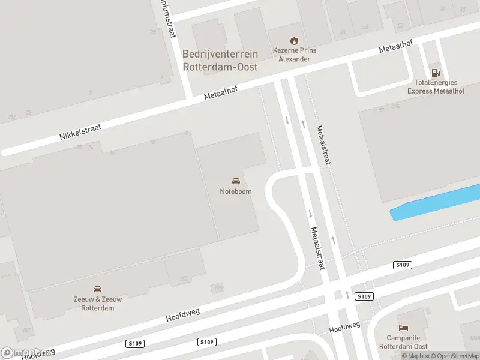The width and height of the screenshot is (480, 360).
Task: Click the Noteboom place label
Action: pyautogui.click(x=236, y=191)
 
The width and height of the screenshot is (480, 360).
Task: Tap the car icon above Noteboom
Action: pyautogui.click(x=236, y=181)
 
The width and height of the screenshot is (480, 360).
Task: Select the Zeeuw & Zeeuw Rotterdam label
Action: pyautogui.click(x=97, y=304)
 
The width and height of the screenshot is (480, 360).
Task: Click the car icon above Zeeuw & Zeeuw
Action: pyautogui.click(x=97, y=290)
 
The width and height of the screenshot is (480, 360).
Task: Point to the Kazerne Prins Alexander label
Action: pyautogui.click(x=293, y=55)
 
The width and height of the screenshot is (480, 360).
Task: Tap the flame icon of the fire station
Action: pyautogui.click(x=293, y=41)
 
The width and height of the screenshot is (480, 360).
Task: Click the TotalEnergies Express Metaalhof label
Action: pyautogui.click(x=436, y=87)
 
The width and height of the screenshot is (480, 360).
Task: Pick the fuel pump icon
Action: pyautogui.click(x=435, y=72)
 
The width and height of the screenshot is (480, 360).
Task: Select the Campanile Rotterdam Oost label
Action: pyautogui.click(x=403, y=342)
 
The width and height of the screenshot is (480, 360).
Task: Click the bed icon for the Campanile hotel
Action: pyautogui.click(x=404, y=328)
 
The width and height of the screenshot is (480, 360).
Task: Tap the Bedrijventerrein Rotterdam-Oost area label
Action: pyautogui.click(x=220, y=61)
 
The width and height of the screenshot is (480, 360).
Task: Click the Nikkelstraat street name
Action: pyautogui.click(x=80, y=133)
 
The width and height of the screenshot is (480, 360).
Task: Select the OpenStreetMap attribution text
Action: pyautogui.click(x=454, y=356)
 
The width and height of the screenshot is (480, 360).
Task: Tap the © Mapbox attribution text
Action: pyautogui.click(x=416, y=356)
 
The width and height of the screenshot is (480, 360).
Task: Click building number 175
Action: pyautogui.click(x=217, y=289)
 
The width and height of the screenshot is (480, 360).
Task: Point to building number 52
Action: pyautogui.click(x=400, y=26)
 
